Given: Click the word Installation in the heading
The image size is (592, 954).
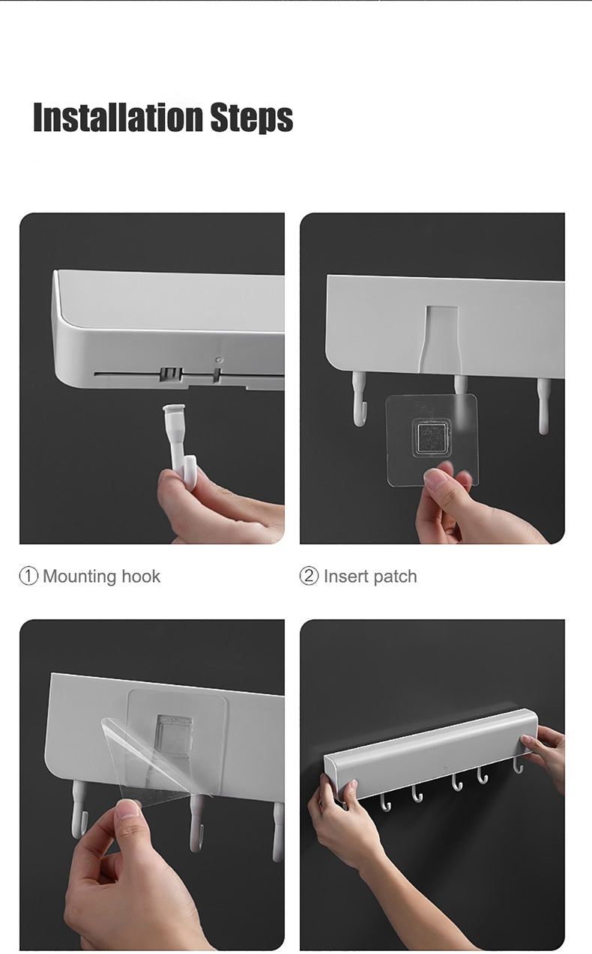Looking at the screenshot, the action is (117, 117).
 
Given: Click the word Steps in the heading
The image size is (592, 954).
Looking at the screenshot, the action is (252, 118).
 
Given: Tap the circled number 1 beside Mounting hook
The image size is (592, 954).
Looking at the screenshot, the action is (28, 577).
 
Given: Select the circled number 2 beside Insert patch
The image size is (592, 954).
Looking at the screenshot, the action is (309, 577).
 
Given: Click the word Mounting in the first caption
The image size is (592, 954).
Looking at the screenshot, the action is (80, 577).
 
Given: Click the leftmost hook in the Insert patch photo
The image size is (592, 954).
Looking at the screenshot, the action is (359, 398).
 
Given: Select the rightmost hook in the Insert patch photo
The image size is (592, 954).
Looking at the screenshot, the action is (543, 406).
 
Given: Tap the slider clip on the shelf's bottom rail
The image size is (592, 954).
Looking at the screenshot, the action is (172, 374).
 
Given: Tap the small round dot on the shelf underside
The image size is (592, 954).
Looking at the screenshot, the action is (219, 360).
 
